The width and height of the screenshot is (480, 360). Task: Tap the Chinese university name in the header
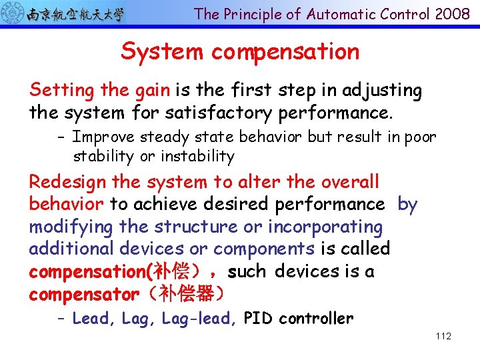pos(75,13)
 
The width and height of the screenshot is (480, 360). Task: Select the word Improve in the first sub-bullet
pos(101,137)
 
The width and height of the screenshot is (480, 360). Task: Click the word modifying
pos(71,227)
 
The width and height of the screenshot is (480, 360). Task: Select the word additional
pos(71,249)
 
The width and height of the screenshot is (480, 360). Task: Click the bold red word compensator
pos(84,293)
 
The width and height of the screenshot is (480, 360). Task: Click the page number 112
pos(443,336)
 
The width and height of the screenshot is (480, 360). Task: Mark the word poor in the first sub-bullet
pos(420,137)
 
